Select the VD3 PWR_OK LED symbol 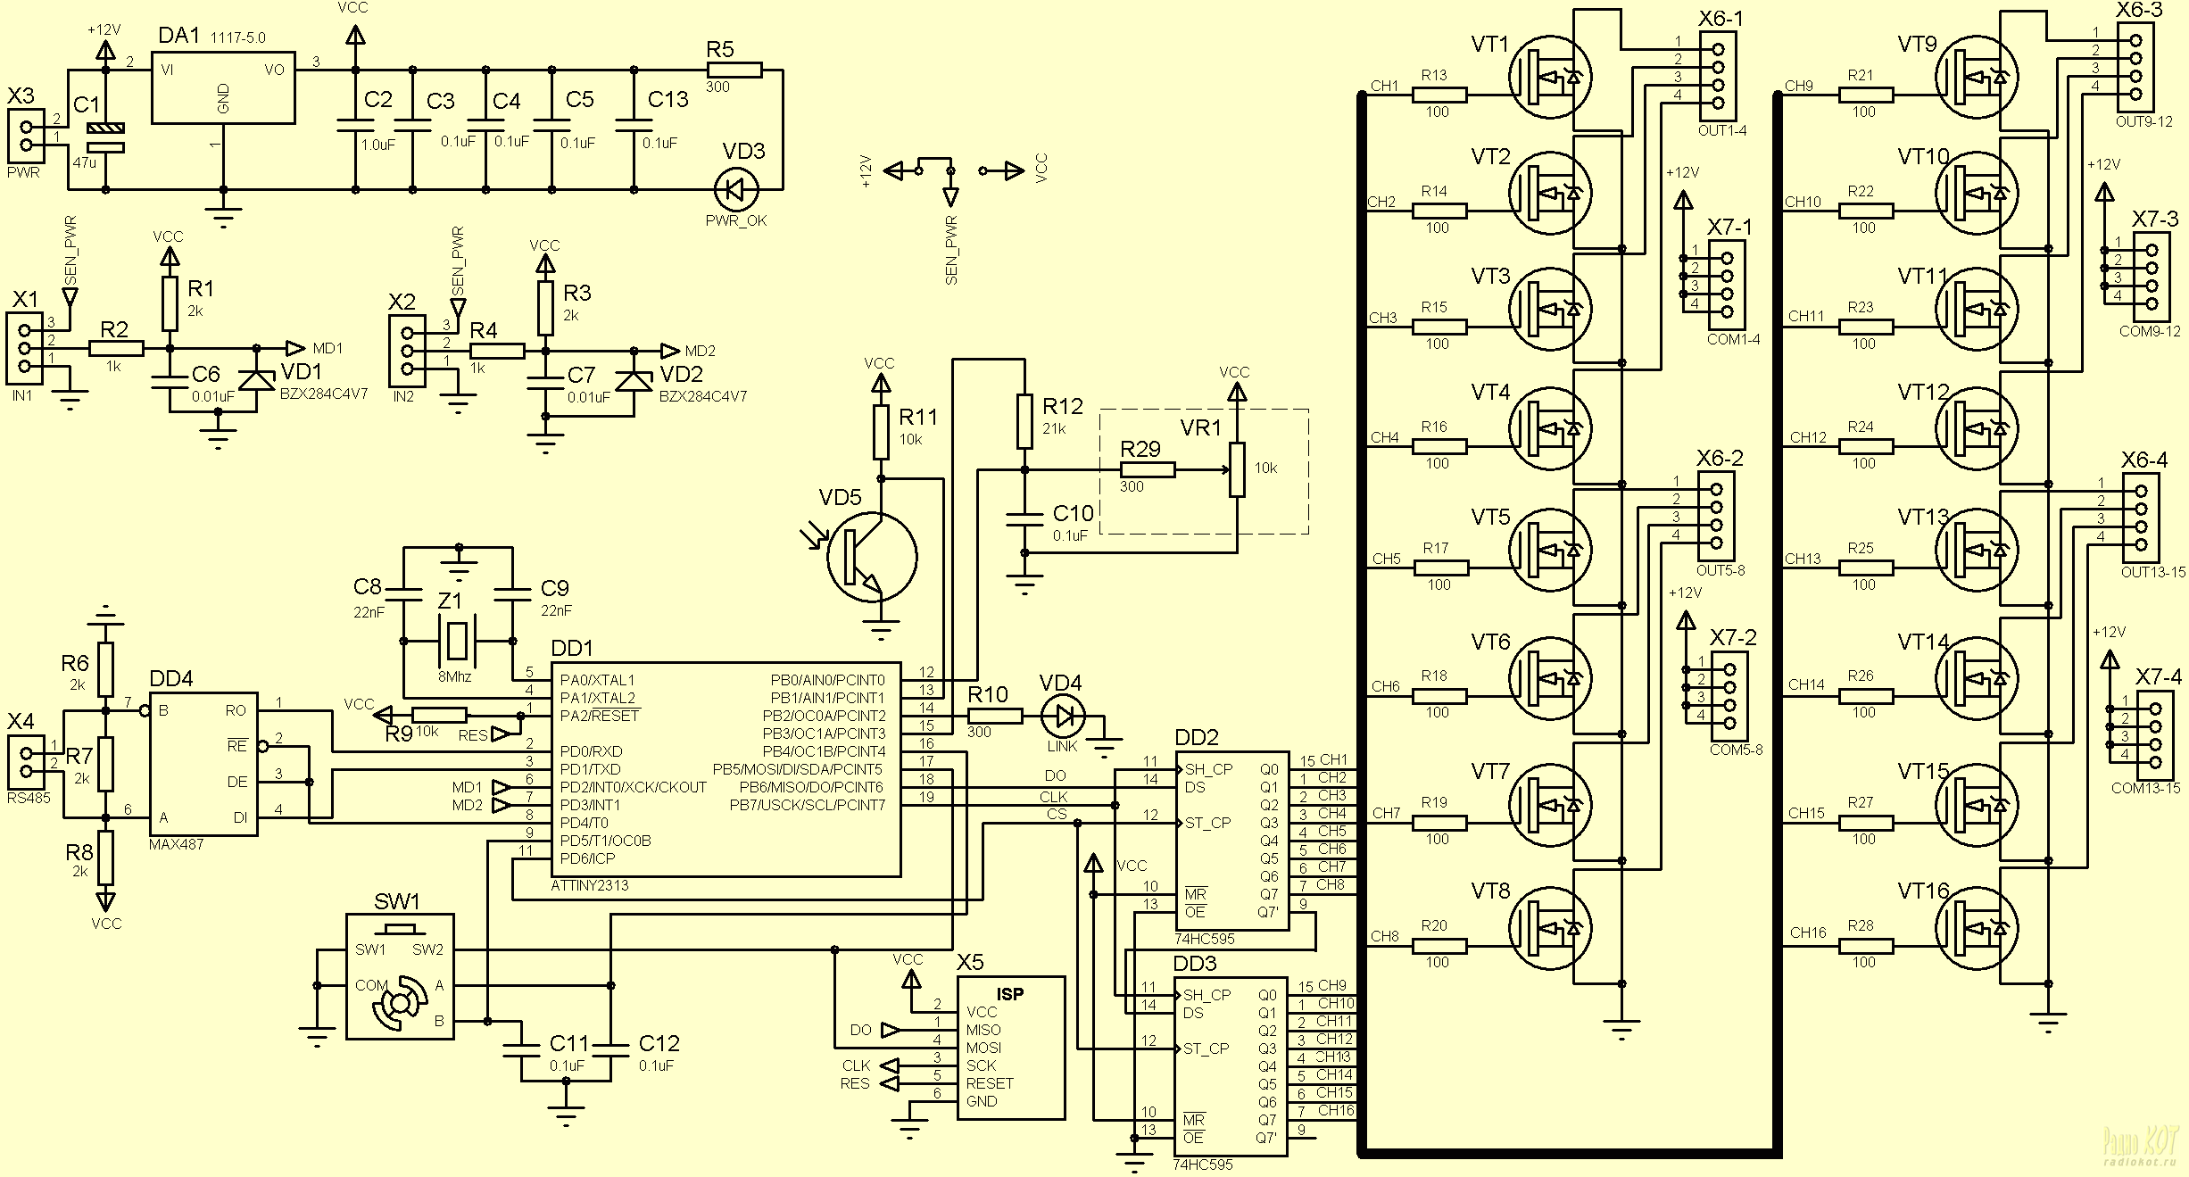[737, 189]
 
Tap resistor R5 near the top [734, 70]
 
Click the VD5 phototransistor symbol [871, 557]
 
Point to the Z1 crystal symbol [457, 641]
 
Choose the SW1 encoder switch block [400, 975]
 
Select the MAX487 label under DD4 [177, 844]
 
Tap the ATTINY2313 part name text [590, 885]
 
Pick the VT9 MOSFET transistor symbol [1978, 78]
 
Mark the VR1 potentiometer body [1237, 468]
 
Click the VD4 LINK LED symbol [1063, 716]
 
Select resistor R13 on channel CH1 [1439, 95]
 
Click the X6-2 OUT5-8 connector [1716, 512]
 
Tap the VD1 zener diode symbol [258, 379]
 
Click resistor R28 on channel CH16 [1865, 946]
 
